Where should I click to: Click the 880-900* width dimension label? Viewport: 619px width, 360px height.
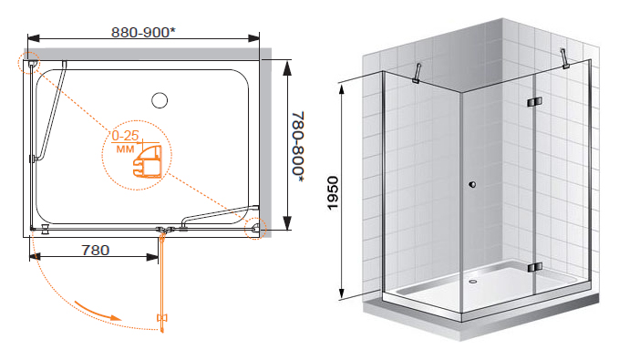[x=143, y=33]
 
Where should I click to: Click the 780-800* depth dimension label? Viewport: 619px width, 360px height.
[x=298, y=147]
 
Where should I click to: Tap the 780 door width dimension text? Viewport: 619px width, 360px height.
[x=95, y=250]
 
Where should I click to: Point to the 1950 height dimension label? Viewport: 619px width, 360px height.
[x=333, y=193]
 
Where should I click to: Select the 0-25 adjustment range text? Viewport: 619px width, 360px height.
[x=125, y=136]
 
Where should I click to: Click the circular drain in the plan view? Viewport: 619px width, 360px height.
[x=160, y=100]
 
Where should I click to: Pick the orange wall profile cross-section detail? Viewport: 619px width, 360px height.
[x=148, y=162]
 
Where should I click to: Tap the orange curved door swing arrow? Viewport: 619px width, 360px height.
[x=98, y=311]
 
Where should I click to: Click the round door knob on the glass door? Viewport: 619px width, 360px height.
[x=472, y=184]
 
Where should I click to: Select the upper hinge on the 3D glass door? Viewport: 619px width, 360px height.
[x=534, y=102]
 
